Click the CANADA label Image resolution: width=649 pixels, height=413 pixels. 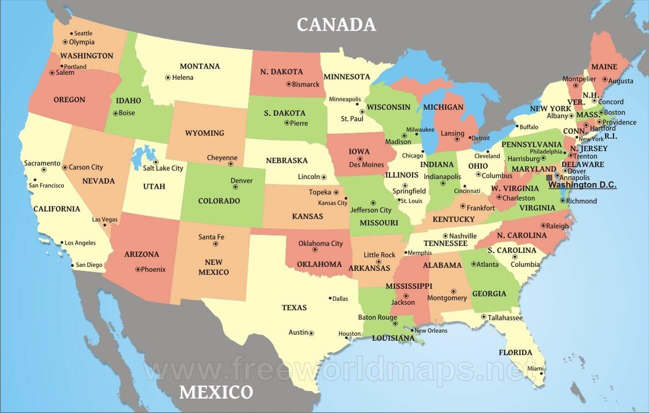[x=336, y=24]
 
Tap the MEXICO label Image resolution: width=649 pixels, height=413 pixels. [x=216, y=392]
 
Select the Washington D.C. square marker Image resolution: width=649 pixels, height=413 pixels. [x=549, y=178]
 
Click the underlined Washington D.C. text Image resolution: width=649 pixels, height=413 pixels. [x=582, y=185]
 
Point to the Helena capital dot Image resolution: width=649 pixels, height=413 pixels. [x=168, y=77]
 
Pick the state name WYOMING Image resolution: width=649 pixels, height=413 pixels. [x=205, y=133]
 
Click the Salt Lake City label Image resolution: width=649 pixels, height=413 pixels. [x=163, y=168]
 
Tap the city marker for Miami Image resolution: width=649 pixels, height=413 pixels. [x=541, y=373]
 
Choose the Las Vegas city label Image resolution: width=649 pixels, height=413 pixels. [x=105, y=219]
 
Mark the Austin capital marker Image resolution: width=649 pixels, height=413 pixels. [x=311, y=333]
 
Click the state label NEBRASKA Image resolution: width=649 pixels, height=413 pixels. [x=287, y=161]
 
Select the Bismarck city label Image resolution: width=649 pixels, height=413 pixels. [x=306, y=84]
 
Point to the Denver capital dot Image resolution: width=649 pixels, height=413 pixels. [x=235, y=187]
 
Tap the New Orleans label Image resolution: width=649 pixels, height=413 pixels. [x=431, y=330]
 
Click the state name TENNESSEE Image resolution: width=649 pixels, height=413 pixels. [x=445, y=243]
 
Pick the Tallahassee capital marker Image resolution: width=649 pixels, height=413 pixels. [x=483, y=317]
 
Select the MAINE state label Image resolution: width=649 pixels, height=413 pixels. [x=604, y=67]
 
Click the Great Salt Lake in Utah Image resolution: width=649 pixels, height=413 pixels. [x=143, y=156]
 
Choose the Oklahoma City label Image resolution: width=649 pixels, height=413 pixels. [x=321, y=243]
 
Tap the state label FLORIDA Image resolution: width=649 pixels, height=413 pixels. [x=515, y=352]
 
